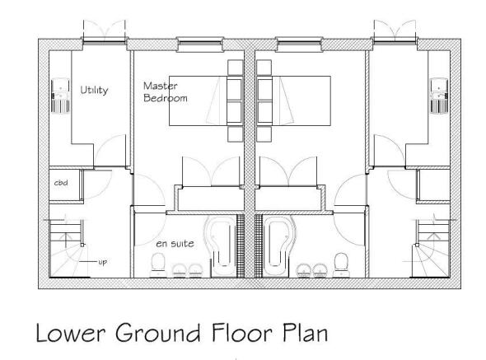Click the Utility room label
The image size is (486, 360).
[94, 90]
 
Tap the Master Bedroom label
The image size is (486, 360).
[166, 92]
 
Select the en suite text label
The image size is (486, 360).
[175, 244]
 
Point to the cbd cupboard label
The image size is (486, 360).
[61, 183]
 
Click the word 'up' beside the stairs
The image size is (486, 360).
[103, 262]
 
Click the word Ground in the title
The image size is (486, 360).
[158, 332]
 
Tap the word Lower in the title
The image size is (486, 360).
[71, 332]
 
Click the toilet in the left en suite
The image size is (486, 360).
[158, 264]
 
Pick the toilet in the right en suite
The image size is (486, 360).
[341, 264]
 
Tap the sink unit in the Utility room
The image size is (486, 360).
[60, 96]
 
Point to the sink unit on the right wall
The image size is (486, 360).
[439, 96]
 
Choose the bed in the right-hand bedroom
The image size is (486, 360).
[293, 101]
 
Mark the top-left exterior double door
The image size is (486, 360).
[105, 31]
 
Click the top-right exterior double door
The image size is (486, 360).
[395, 31]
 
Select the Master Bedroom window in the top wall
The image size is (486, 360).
[200, 44]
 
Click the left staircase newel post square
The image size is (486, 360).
[82, 245]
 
